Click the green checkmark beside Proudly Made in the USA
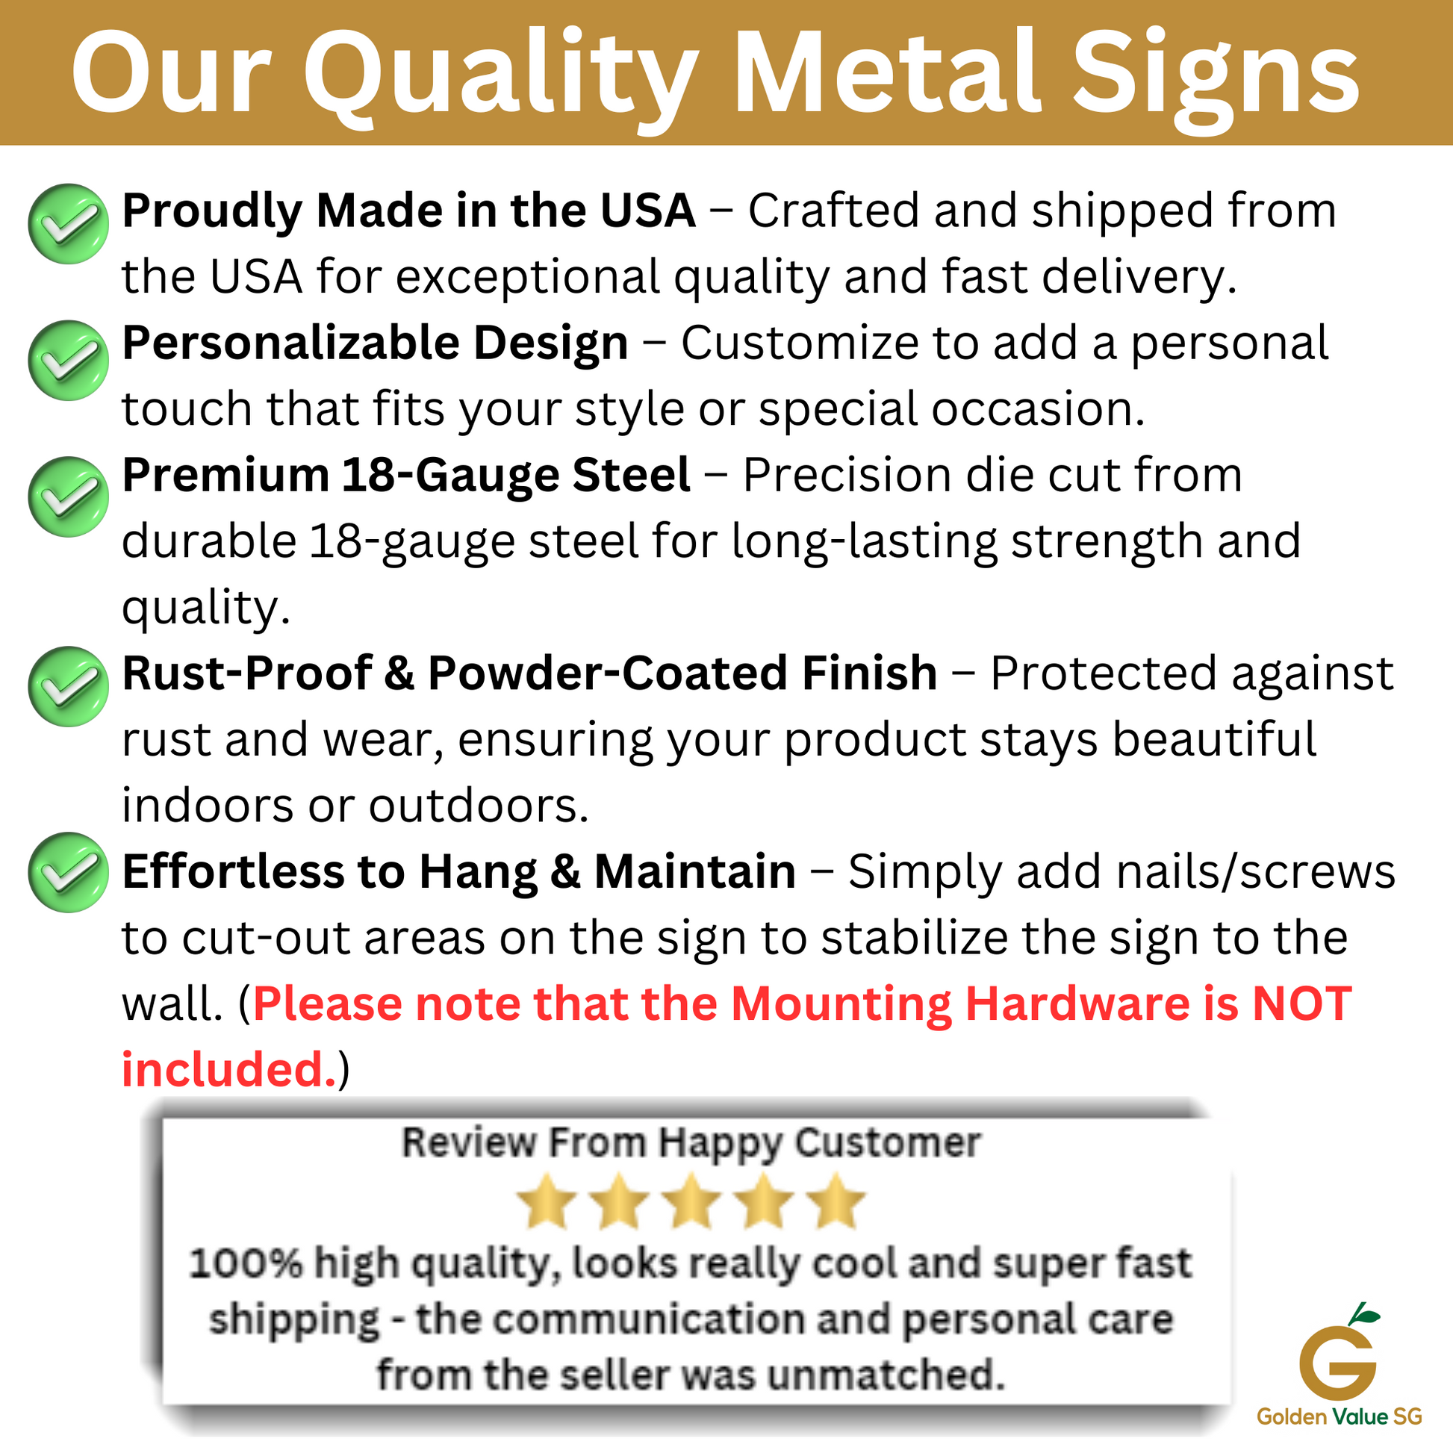pyautogui.click(x=69, y=224)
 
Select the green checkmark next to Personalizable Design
pyautogui.click(x=69, y=360)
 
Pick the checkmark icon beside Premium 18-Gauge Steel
pyautogui.click(x=69, y=497)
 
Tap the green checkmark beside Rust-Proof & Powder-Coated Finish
pyautogui.click(x=69, y=686)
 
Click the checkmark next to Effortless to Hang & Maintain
pyautogui.click(x=69, y=872)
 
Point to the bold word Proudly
pyautogui.click(x=212, y=212)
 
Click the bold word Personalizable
pyautogui.click(x=291, y=344)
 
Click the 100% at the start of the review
pyautogui.click(x=244, y=1263)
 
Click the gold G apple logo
pyautogui.click(x=1339, y=1350)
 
